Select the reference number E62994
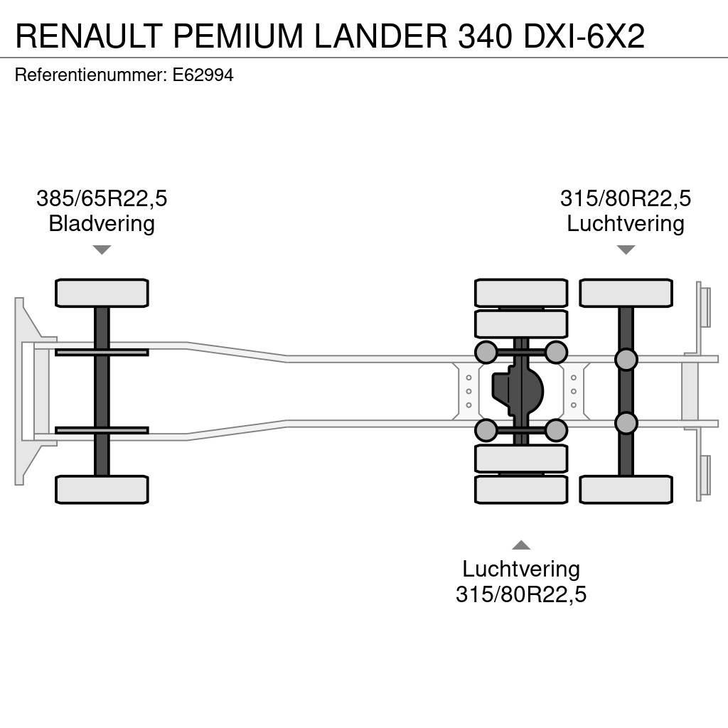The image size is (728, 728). click(203, 75)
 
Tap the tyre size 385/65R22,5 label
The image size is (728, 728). click(102, 198)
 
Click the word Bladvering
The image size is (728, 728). click(102, 224)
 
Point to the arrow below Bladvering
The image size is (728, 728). click(102, 250)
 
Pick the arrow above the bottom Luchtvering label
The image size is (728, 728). click(521, 545)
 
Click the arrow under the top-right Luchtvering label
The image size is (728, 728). click(626, 250)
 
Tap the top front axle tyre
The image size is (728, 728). click(102, 293)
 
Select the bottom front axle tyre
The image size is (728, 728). click(102, 489)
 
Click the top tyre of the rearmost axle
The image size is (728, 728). click(626, 293)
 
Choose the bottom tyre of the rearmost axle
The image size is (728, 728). click(626, 489)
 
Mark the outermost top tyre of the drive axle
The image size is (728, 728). click(521, 293)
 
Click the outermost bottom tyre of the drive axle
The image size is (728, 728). click(521, 489)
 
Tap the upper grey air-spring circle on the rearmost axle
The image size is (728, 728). click(626, 360)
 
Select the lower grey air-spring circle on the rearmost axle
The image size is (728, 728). click(626, 423)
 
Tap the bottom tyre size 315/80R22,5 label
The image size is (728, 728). click(521, 594)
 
